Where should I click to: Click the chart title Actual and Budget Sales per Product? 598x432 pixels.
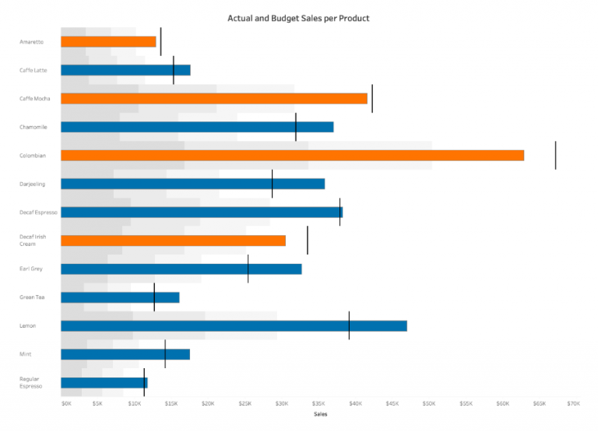coord(298,18)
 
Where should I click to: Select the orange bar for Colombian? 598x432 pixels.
coord(292,155)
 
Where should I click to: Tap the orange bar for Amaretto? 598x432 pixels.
coord(108,42)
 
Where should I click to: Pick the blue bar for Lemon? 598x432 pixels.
coord(234,325)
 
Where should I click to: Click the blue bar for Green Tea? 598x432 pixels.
coord(120,297)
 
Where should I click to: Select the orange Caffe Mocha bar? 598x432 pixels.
coord(214,99)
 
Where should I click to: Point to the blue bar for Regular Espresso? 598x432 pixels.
coord(104,382)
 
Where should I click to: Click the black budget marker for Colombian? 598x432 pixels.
coord(555,155)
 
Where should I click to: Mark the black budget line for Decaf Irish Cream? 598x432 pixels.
coord(308,240)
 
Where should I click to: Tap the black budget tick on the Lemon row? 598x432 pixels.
coord(349,325)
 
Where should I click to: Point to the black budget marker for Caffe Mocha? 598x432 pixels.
coord(372,99)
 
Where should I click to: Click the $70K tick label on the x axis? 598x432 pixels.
coord(573,404)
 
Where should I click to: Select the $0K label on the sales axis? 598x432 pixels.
coord(66,404)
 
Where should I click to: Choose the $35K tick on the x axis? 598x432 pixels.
coord(318,404)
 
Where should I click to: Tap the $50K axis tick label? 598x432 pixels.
coord(429,404)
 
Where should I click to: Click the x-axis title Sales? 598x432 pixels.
coord(320,414)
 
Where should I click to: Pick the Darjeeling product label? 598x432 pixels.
coord(33,184)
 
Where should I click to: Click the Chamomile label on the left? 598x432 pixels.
coord(33,127)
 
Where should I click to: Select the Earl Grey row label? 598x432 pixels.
coord(31,269)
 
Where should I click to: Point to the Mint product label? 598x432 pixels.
coord(26,354)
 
